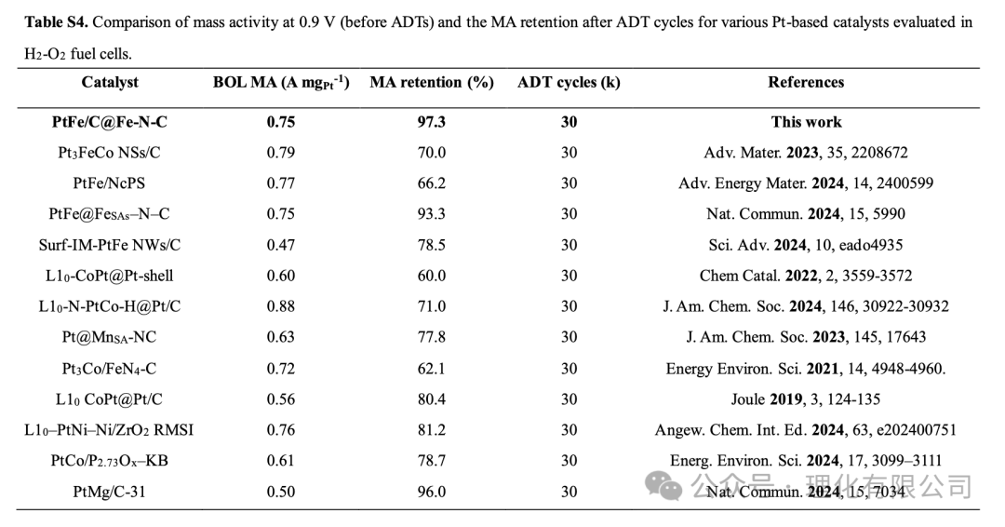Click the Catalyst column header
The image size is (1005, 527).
110,82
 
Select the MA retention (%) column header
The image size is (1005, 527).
432,83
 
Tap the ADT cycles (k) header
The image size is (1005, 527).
569,83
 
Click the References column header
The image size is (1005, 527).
806,82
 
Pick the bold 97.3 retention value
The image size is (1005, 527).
432,122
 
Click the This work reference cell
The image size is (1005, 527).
806,122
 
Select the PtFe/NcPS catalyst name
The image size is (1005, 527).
109,183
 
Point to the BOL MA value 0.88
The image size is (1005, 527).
281,306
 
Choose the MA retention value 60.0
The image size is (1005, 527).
432,276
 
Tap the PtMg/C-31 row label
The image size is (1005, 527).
109,492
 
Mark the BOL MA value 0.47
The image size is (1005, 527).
281,245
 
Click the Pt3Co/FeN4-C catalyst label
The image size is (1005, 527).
109,369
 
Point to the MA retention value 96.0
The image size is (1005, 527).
432,492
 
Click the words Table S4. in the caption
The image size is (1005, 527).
57,22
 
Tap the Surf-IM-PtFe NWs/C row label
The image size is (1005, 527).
110,245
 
